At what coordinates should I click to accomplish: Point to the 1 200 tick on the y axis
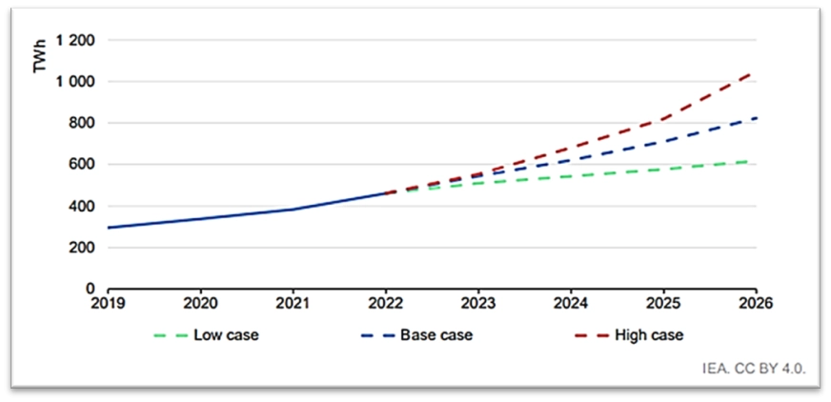click(x=76, y=41)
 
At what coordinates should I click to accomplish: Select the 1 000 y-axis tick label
click(x=76, y=83)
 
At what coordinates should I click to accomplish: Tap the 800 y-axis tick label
click(x=83, y=124)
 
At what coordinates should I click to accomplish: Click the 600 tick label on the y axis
click(x=83, y=165)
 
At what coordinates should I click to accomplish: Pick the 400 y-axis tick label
click(x=83, y=207)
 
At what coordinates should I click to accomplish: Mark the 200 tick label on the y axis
click(x=83, y=248)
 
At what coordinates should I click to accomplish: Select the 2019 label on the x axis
click(x=108, y=305)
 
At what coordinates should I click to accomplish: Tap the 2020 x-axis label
click(x=200, y=305)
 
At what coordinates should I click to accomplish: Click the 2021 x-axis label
click(x=293, y=305)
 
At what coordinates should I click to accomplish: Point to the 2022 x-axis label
click(x=385, y=305)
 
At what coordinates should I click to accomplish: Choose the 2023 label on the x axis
click(x=477, y=305)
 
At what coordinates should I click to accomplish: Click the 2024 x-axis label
click(x=570, y=305)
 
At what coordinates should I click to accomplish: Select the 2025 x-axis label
click(x=662, y=305)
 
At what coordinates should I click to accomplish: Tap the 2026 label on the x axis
click(x=753, y=305)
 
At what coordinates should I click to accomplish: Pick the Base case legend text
click(x=436, y=335)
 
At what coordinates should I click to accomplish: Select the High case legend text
click(x=650, y=335)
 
